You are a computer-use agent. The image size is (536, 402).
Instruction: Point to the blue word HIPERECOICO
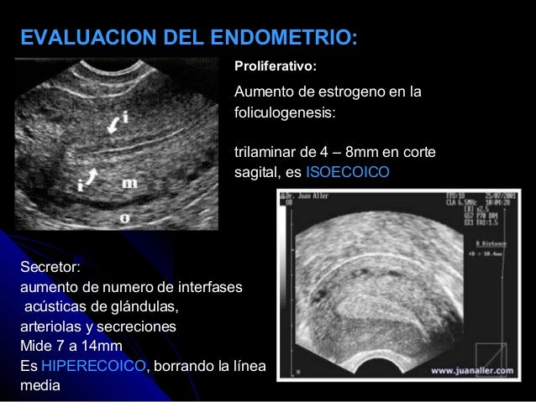point(93,367)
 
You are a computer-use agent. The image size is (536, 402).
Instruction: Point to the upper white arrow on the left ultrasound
point(112,125)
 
